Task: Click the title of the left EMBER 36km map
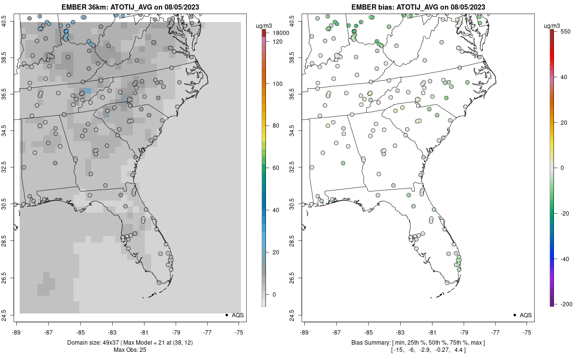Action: pos(131,7)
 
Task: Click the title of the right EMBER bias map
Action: pos(419,7)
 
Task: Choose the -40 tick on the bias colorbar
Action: pos(565,259)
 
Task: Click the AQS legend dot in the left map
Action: pos(226,315)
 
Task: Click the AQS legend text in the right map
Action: pos(526,315)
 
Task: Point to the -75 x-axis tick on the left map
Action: pos(239,332)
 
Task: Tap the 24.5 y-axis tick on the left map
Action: pos(10,315)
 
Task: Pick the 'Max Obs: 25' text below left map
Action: pos(131,350)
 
